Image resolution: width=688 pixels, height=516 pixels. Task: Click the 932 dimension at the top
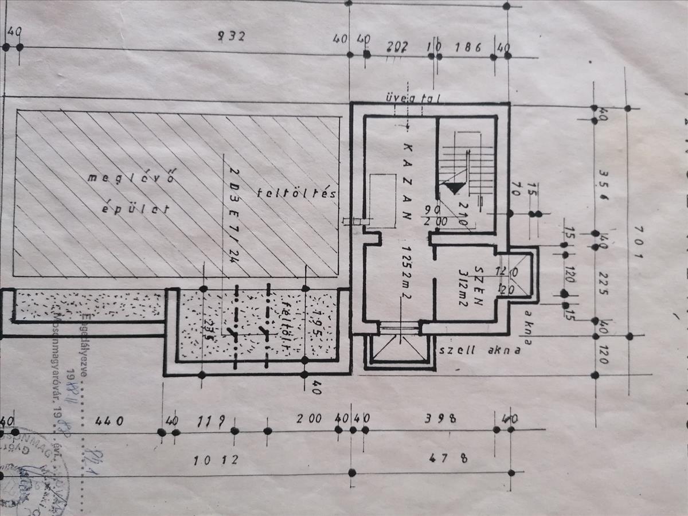(232, 37)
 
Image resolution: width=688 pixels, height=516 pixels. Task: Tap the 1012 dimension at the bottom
(216, 460)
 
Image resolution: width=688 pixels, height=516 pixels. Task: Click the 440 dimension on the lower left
(109, 421)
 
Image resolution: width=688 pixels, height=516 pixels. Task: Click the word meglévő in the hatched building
(131, 177)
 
